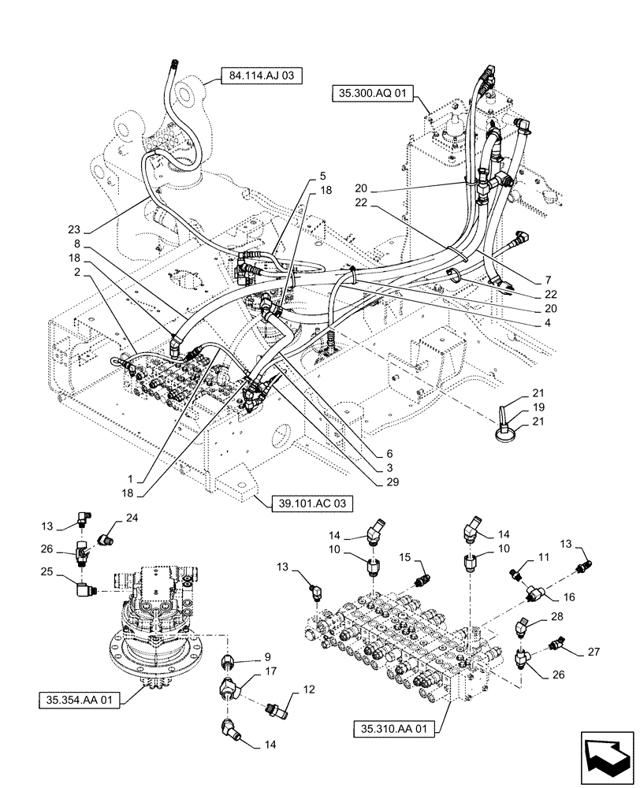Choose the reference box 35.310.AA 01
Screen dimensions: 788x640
(391, 729)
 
